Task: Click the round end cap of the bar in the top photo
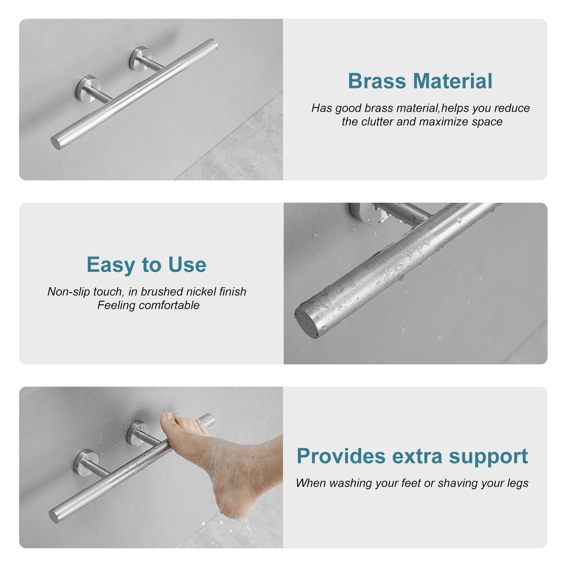coord(56,142)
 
